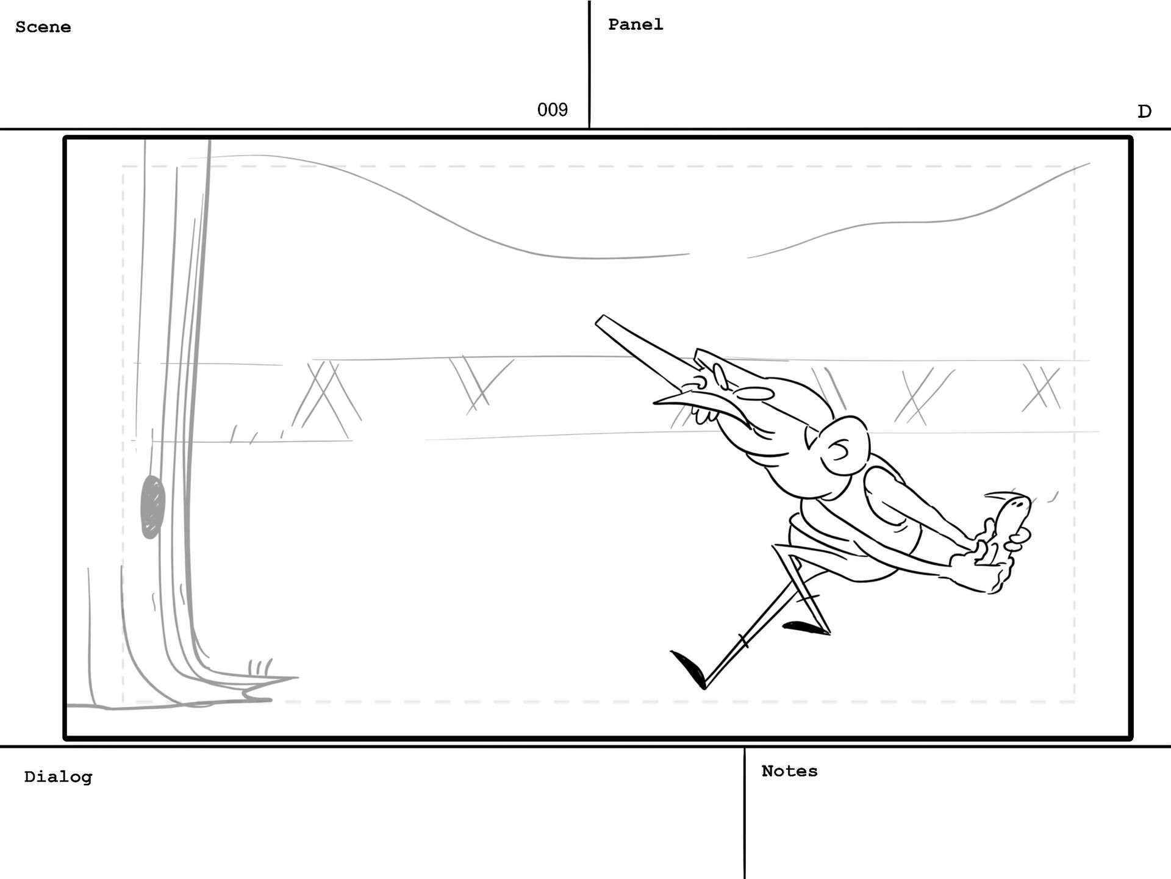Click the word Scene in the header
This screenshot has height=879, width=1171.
click(43, 27)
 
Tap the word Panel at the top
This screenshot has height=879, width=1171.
click(635, 24)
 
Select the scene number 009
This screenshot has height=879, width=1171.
click(552, 110)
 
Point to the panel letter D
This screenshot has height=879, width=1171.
click(1144, 112)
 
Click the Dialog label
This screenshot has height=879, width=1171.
click(58, 777)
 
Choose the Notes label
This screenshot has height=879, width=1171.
click(789, 771)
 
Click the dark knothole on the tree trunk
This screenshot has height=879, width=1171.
click(152, 507)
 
